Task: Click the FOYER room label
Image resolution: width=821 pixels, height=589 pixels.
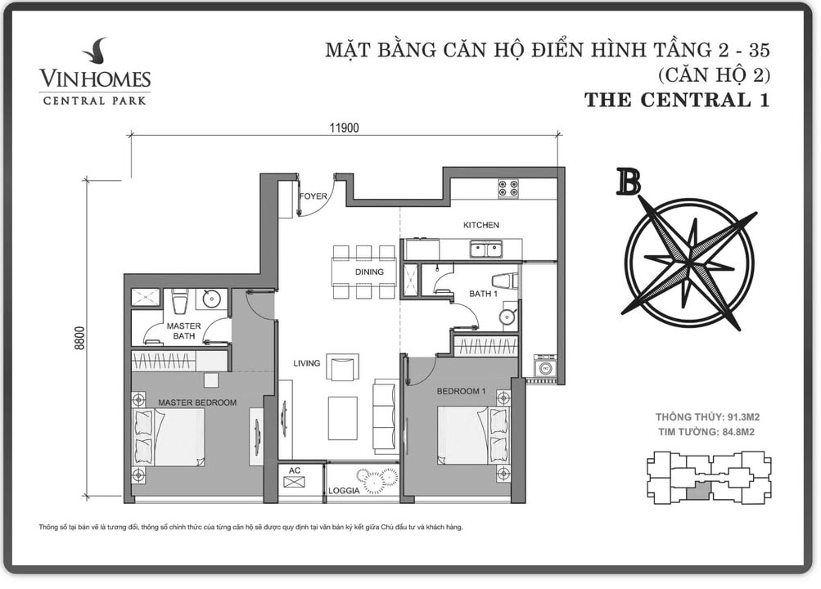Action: point(313,196)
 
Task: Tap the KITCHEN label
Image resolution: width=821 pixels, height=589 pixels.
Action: point(480,225)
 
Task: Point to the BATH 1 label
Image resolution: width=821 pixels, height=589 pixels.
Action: point(485,292)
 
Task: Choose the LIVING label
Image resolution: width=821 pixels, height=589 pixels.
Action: point(307,363)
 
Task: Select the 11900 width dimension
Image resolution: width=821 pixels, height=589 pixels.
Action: point(345,127)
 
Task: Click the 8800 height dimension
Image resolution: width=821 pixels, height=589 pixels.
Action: point(79,337)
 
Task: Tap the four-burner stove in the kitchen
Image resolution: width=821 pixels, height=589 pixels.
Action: point(508,188)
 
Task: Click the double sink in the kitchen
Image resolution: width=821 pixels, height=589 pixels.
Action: point(485,250)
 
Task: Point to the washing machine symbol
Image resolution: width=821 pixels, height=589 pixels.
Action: point(544,368)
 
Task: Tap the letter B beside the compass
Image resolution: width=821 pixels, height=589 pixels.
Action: point(628,182)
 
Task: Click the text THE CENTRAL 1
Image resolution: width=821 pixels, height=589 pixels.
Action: point(677,101)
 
